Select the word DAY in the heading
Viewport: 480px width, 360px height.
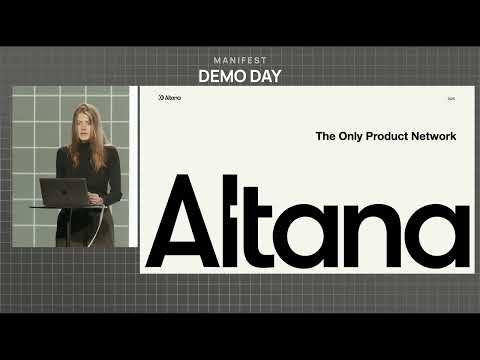pos(264,76)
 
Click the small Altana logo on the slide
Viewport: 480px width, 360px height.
pos(169,98)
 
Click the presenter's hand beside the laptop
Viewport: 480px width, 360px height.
pos(95,198)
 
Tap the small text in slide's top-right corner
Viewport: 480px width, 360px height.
pos(452,98)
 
